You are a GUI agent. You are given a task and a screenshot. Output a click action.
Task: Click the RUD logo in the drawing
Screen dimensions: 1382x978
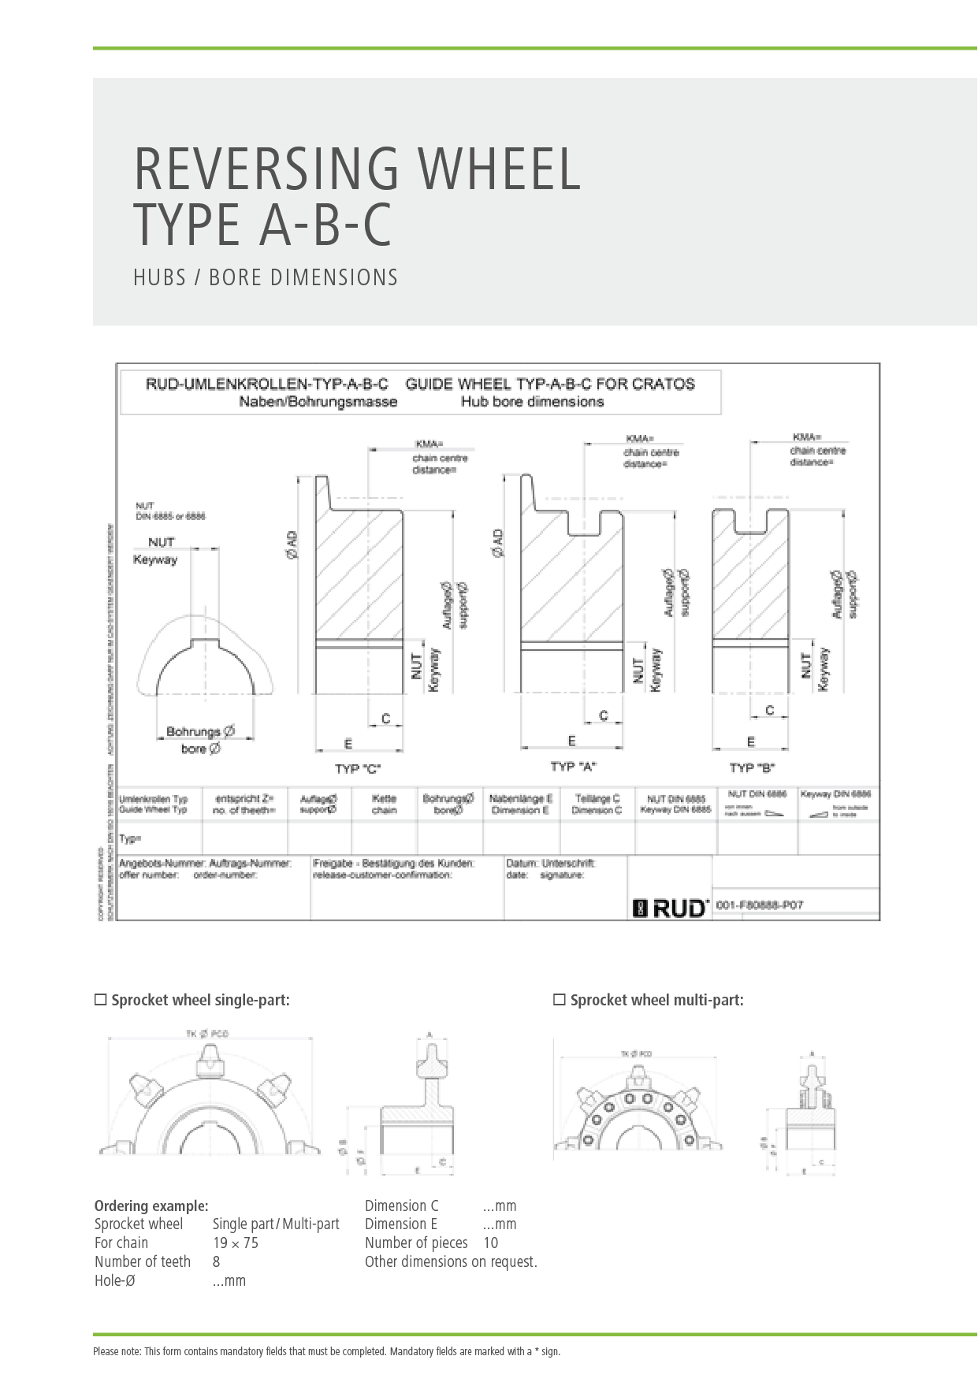[671, 908]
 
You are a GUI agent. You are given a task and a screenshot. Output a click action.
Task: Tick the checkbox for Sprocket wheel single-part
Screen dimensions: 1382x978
[100, 1000]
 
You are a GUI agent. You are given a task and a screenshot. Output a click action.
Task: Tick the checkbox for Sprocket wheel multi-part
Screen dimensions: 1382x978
[560, 1000]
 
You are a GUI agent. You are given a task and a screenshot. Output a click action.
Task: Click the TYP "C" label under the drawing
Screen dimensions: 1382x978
[358, 768]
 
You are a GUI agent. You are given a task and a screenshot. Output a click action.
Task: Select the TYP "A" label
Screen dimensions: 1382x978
[573, 766]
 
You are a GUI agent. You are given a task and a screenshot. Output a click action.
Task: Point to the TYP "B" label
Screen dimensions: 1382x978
[752, 767]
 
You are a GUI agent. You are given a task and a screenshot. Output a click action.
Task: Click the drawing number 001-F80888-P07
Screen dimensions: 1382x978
[760, 905]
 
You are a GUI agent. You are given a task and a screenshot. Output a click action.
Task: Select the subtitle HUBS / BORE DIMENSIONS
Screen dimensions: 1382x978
[266, 278]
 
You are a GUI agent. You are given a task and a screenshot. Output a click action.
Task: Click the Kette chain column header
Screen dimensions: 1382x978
[384, 804]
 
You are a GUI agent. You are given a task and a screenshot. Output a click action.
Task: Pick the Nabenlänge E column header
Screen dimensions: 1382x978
[520, 804]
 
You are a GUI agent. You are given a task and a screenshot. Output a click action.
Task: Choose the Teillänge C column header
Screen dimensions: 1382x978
[597, 804]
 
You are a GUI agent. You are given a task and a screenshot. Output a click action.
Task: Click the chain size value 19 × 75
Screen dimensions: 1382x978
[236, 1243]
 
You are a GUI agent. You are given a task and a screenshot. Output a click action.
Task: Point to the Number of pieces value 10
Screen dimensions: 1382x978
[490, 1243]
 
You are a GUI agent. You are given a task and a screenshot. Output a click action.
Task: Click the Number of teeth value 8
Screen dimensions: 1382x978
[216, 1261]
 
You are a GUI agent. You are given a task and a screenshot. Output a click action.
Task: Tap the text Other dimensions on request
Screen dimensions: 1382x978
[451, 1261]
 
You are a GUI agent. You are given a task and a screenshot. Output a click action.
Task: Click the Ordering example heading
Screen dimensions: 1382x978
[151, 1206]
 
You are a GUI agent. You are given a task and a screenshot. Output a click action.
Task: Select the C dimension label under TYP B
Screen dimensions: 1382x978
[770, 710]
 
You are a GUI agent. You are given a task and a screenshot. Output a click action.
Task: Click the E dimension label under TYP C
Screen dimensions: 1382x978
[348, 744]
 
